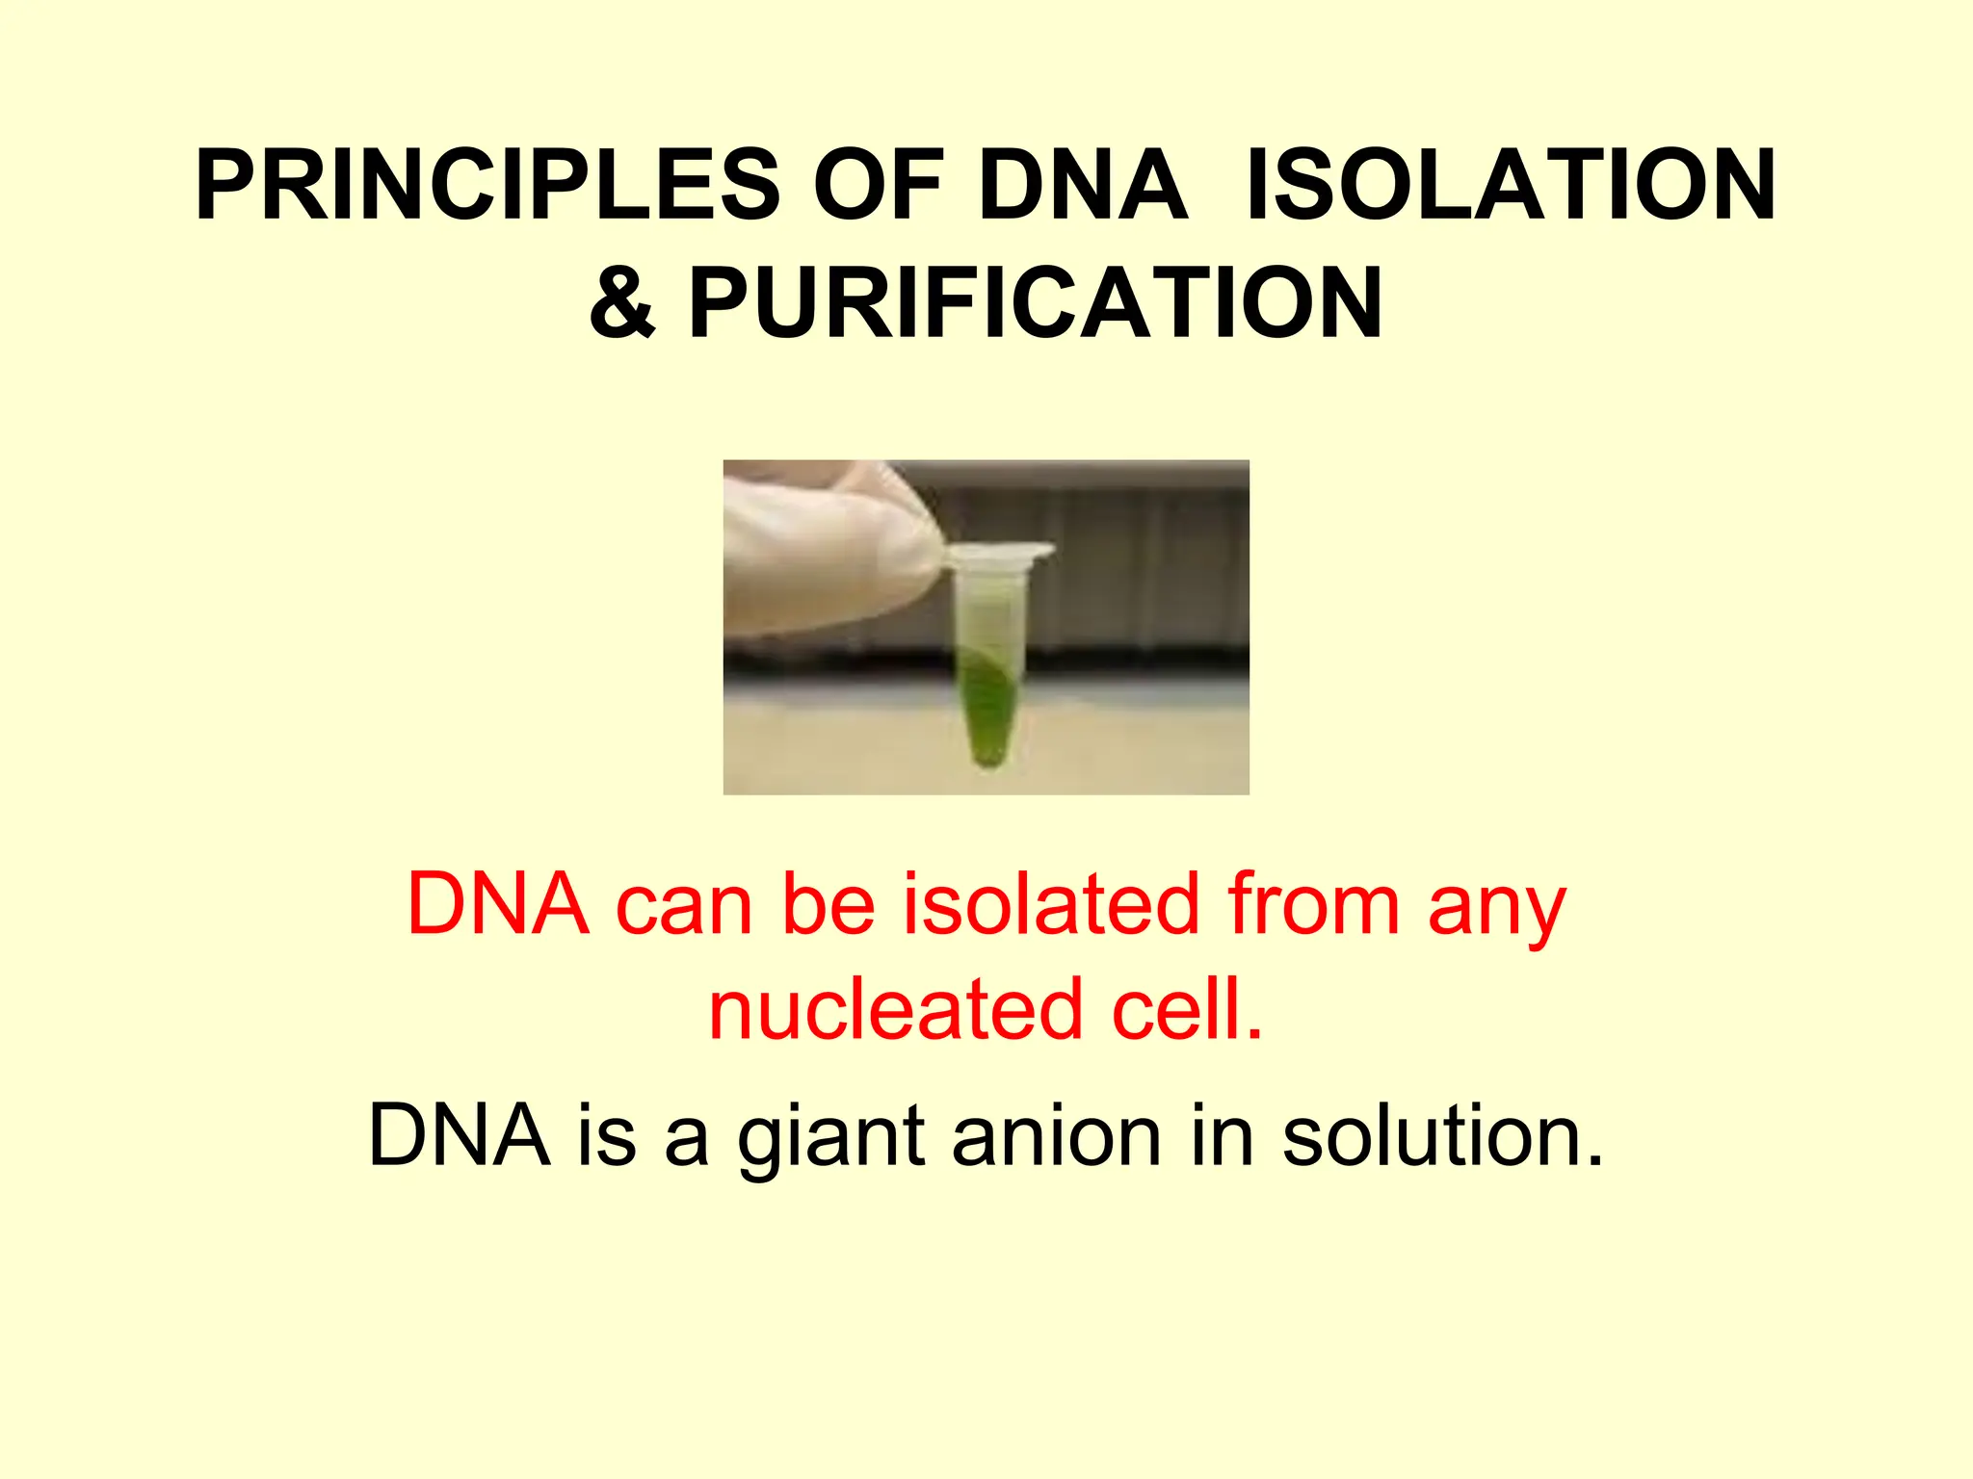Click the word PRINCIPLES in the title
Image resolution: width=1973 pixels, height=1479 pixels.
[x=487, y=185]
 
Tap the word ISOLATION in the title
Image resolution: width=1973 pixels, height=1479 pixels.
[x=1510, y=185]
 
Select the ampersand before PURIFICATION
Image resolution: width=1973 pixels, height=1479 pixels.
[x=622, y=302]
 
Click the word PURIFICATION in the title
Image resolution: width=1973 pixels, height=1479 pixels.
[x=1036, y=302]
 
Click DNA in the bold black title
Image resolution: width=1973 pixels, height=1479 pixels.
[x=1082, y=185]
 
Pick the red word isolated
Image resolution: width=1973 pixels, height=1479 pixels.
[x=1050, y=905]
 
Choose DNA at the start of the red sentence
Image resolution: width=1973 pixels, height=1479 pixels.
[x=497, y=905]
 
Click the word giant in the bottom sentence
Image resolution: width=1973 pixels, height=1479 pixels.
[x=831, y=1138]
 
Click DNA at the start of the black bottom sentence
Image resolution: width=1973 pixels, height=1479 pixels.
[x=459, y=1136]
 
